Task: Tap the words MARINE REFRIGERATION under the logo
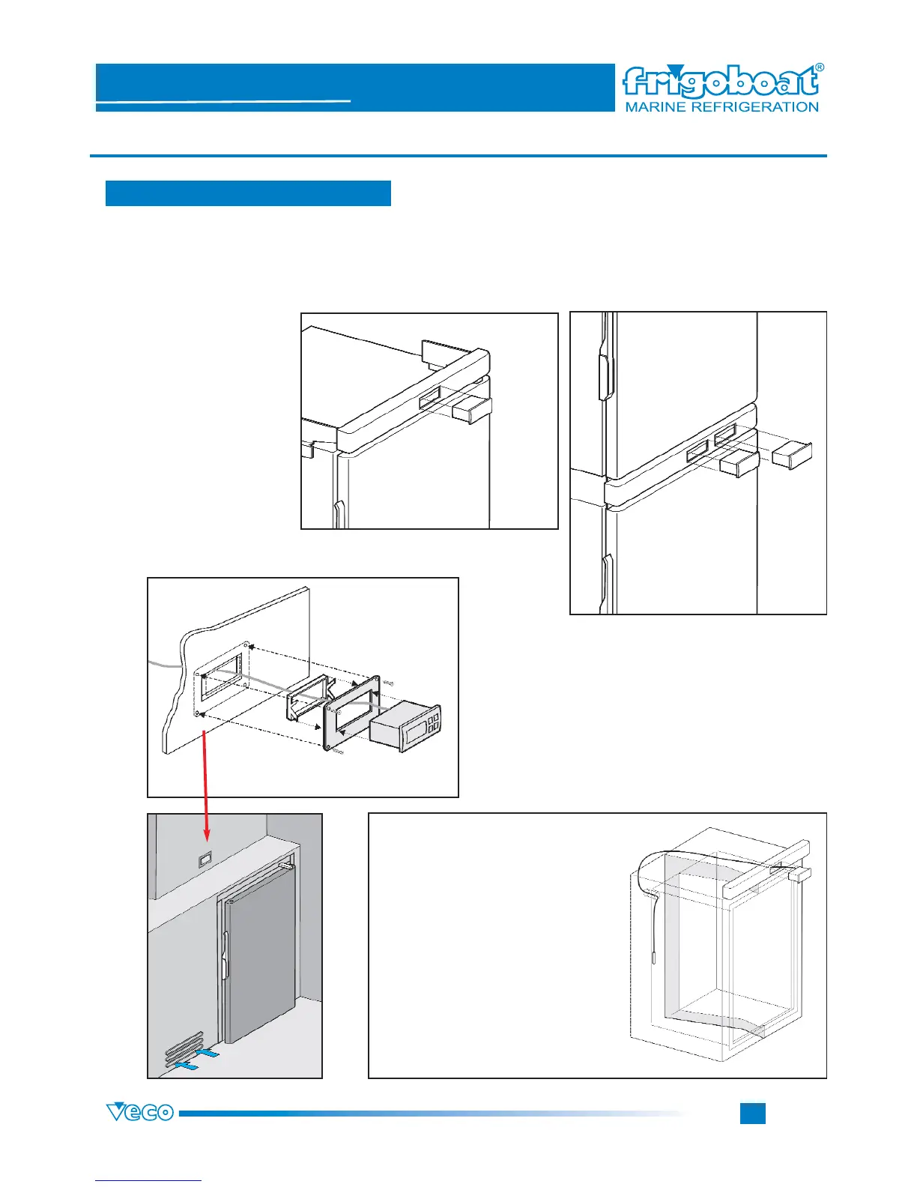[x=721, y=107]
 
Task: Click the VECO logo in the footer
[x=140, y=1113]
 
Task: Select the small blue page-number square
[x=752, y=1113]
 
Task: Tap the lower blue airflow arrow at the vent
[x=186, y=1063]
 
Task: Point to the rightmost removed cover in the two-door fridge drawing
[x=792, y=454]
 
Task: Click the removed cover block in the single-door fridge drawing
[x=472, y=411]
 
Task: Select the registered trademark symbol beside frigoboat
[x=819, y=67]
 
